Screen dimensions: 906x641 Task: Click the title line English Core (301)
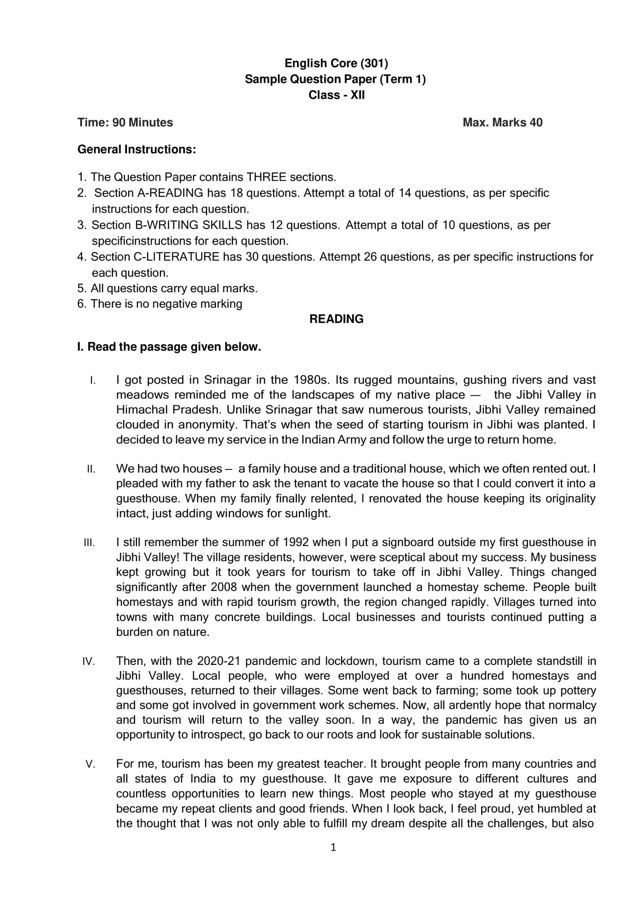pos(336,63)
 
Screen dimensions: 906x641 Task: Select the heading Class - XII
pos(336,95)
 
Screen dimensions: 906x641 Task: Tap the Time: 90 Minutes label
pos(125,122)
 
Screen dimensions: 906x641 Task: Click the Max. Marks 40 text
pos(502,122)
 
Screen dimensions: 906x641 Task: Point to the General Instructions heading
pos(136,150)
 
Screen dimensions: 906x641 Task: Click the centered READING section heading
pos(336,319)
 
